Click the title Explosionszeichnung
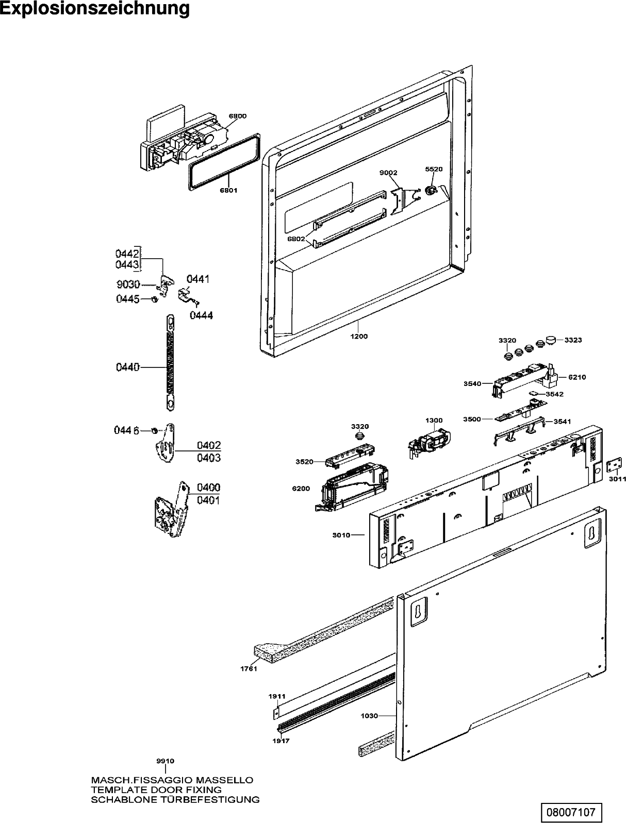coord(95,9)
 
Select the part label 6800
coord(237,116)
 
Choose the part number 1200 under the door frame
coord(359,337)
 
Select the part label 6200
coord(301,488)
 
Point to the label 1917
coord(282,741)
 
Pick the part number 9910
coord(165,761)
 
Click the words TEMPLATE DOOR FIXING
coord(156,790)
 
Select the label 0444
coord(201,315)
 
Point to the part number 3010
coord(341,535)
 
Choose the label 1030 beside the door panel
coord(369,716)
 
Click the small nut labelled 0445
coord(154,299)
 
